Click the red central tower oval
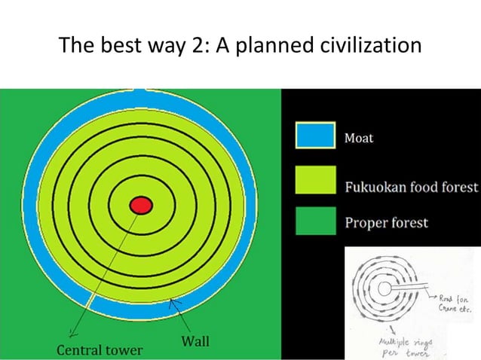click(140, 205)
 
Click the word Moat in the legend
click(359, 139)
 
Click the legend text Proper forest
click(386, 223)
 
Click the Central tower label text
click(100, 350)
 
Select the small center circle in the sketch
click(385, 288)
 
